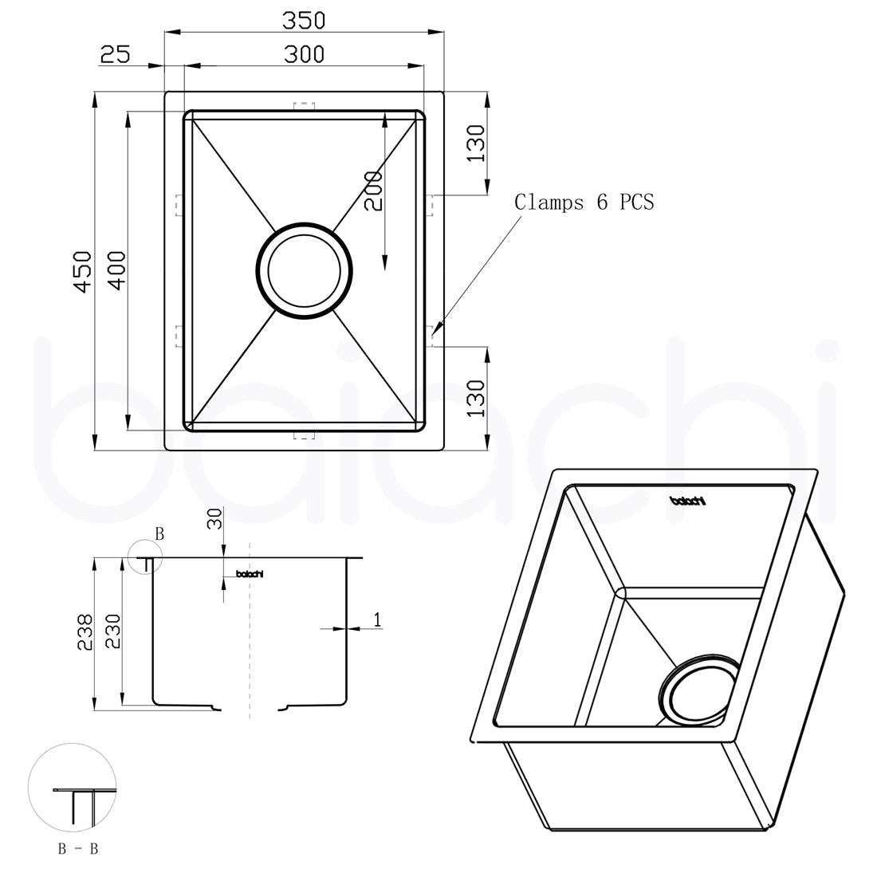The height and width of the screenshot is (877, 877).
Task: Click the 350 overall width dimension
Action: click(x=304, y=21)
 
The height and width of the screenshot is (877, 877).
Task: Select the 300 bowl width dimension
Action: click(x=304, y=55)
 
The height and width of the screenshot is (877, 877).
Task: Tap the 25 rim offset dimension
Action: click(x=116, y=55)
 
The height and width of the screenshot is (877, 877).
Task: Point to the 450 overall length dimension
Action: click(x=83, y=272)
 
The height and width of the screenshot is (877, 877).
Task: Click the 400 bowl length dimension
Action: click(x=117, y=271)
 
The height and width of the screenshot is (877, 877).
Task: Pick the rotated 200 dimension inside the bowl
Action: click(x=374, y=191)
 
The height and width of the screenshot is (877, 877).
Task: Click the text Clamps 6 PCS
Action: click(x=584, y=202)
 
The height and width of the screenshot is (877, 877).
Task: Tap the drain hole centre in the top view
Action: click(x=304, y=271)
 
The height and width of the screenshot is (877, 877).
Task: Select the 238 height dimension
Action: click(x=85, y=632)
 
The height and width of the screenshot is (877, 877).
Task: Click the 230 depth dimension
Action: click(x=112, y=631)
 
